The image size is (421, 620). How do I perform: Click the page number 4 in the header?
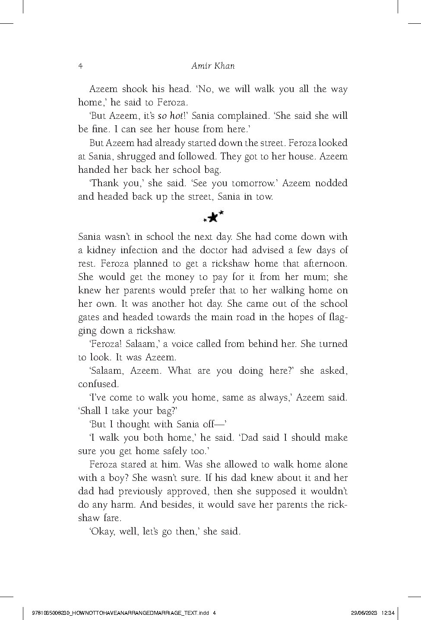80,67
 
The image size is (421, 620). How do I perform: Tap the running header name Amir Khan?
212,66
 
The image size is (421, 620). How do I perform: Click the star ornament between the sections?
213,217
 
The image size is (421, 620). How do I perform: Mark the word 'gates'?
89,317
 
